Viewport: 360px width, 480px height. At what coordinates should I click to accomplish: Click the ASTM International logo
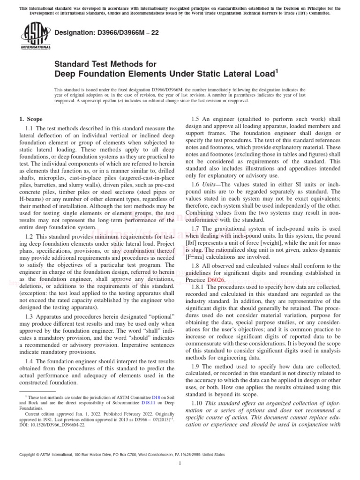coord(35,36)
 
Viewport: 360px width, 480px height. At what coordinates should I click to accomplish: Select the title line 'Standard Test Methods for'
coord(105,64)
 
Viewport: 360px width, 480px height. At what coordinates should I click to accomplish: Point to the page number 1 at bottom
coord(180,464)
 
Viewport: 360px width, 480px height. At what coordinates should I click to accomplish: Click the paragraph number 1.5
coord(197,119)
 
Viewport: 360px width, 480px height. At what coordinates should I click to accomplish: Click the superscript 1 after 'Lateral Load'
coord(277,71)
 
